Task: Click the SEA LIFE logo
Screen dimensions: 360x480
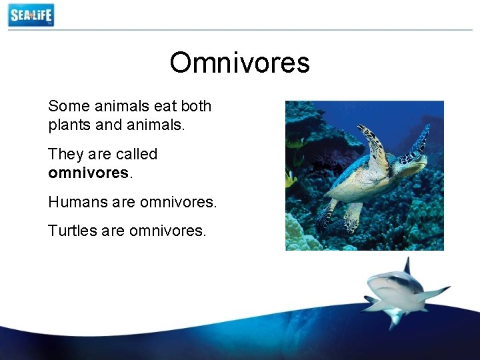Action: pyautogui.click(x=31, y=15)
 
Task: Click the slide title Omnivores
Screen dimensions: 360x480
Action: pyautogui.click(x=239, y=63)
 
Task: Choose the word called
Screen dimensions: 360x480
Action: pyautogui.click(x=136, y=154)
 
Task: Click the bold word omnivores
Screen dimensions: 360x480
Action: pyautogui.click(x=89, y=173)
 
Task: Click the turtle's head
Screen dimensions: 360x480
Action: pyautogui.click(x=415, y=158)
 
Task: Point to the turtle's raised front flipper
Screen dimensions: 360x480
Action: pyautogui.click(x=373, y=143)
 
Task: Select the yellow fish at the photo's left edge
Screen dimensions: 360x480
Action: pyautogui.click(x=291, y=179)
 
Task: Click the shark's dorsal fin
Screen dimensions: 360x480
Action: pyautogui.click(x=406, y=266)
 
